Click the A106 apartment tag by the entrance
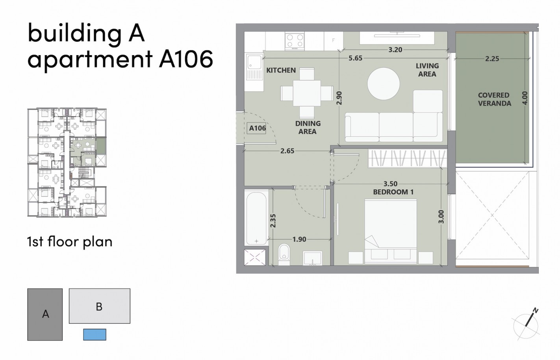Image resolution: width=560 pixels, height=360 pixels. pos(257,128)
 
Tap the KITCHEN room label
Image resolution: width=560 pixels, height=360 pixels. pos(281,71)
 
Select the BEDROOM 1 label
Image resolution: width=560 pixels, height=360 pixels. pos(393,192)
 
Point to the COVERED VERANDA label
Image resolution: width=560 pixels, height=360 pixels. pos(494,99)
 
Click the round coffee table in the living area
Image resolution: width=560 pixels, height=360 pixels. pos(384,84)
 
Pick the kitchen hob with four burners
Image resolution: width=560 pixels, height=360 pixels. pos(295,41)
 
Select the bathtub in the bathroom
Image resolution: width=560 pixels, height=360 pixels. pos(256,218)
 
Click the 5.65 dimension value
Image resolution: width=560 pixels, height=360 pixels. pos(355,58)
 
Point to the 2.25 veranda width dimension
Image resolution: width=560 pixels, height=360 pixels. pos(492,59)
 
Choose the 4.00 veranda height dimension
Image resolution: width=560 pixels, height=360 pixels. pos(524,98)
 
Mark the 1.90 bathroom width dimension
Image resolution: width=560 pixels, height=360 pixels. pos(299,239)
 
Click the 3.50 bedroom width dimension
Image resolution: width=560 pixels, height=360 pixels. pos(390,184)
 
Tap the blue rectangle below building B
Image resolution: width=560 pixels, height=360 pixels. pos(95,334)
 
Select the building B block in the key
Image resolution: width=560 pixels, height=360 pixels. pos(99,306)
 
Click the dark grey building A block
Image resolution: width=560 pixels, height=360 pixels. pos(45,314)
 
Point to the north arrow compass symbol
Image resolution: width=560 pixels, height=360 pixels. pos(526,324)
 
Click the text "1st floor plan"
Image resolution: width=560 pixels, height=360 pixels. pos(70,241)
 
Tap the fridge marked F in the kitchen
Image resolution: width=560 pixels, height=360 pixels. pos(333,41)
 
